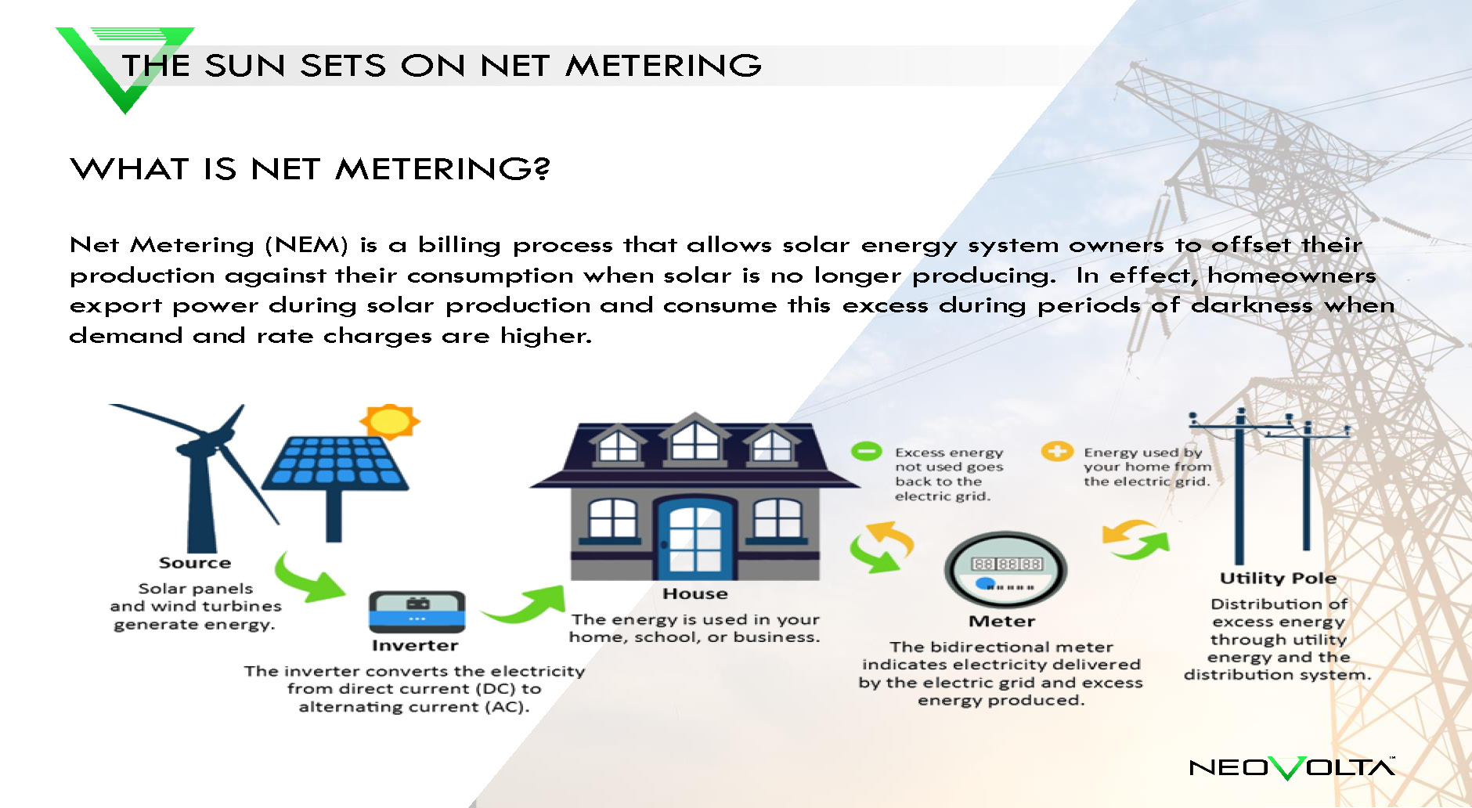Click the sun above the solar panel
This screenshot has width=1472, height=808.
point(389,421)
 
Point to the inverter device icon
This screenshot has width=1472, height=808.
point(417,611)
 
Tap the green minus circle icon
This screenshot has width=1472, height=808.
point(866,451)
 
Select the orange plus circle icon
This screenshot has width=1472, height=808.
point(1056,451)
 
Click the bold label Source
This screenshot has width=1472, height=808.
point(195,563)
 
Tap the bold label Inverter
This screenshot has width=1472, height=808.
point(415,646)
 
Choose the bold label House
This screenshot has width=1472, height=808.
point(695,594)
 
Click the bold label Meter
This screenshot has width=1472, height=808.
point(1002,622)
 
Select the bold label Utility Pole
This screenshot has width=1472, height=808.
point(1278,579)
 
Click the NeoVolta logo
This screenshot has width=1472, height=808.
point(1292,767)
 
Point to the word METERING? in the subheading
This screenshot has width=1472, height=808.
point(443,168)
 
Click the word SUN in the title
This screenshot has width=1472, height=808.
point(245,65)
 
